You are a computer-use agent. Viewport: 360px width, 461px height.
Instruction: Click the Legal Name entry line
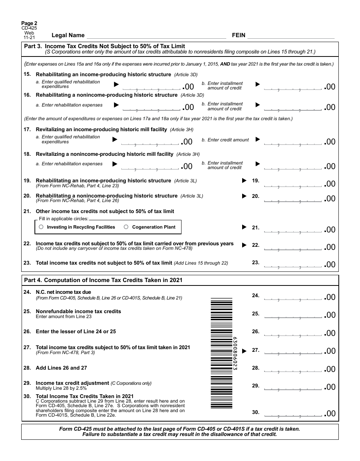coord(156,36)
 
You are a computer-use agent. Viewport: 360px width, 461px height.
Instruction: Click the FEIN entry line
coord(291,36)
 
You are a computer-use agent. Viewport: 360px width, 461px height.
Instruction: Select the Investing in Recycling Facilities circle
coord(41,227)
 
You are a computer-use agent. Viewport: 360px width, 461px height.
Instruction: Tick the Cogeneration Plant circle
coord(126,227)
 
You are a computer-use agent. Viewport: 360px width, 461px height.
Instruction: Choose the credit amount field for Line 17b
coord(293,142)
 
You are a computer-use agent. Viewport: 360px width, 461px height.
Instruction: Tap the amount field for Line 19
coord(293,184)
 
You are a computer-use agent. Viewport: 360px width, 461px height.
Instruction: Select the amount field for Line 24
coord(293,297)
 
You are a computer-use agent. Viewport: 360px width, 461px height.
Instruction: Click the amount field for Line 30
coord(293,413)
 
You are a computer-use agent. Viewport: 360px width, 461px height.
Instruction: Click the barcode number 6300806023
coord(235,353)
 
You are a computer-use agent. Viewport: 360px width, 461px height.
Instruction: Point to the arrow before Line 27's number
coord(244,351)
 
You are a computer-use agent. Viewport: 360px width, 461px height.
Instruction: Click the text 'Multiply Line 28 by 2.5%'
coord(61,388)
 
